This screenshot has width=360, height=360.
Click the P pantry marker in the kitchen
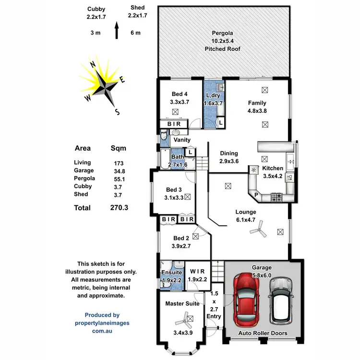point(256,195)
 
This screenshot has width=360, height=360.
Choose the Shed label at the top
point(137,8)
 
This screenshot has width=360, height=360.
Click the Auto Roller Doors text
point(263,333)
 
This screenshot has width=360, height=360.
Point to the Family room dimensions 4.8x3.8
point(257,111)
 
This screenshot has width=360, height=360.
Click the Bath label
point(177,156)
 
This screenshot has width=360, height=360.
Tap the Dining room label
point(229,153)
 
